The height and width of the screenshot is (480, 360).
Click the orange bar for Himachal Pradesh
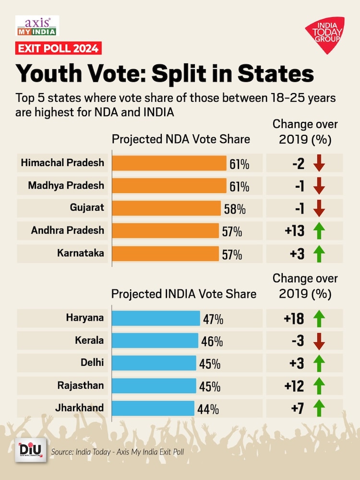tap(169, 163)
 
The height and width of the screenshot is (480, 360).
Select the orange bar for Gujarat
tap(166, 208)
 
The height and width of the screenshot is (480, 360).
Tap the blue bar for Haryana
tap(156, 318)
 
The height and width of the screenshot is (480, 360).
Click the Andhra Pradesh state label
tap(67, 230)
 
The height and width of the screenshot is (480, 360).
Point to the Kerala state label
tap(89, 340)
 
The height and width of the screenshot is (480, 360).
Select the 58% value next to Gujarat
tap(235, 209)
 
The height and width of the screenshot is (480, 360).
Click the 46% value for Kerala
tap(211, 342)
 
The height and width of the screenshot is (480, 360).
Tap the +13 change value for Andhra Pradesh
tap(294, 231)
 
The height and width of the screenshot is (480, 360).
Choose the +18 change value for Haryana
tap(294, 319)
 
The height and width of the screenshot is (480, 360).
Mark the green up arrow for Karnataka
tap(319, 253)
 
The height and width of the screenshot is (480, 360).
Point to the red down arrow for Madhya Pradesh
tap(319, 186)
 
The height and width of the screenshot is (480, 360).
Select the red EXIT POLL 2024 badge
tap(58, 48)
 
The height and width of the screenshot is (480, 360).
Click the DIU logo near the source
tap(31, 450)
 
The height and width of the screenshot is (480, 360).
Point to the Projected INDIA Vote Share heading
tap(184, 294)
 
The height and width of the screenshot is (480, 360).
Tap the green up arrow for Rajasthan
tap(319, 386)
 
